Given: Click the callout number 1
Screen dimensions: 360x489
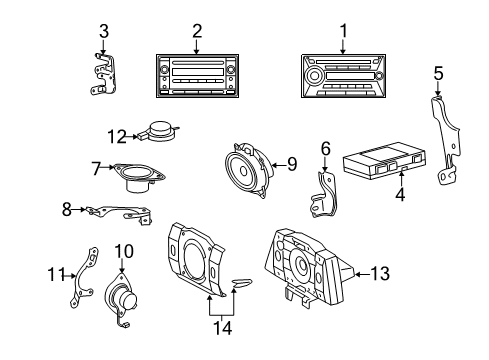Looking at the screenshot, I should (343, 30).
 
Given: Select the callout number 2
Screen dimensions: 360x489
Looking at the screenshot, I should (197, 30).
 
